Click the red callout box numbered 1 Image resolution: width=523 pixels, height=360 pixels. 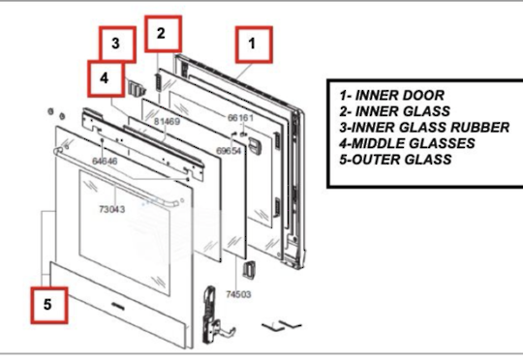pos(253,44)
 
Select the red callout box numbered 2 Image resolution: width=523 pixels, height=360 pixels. pos(162,34)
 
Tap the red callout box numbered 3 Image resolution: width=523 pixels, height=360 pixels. pos(116,45)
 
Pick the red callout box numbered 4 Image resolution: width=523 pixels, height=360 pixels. pos(106,78)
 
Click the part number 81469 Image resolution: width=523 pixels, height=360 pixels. pos(167,122)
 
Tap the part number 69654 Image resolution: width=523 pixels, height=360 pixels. pos(229,151)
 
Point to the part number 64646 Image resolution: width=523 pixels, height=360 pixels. pos(104,161)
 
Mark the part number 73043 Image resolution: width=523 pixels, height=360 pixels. pos(112,208)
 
